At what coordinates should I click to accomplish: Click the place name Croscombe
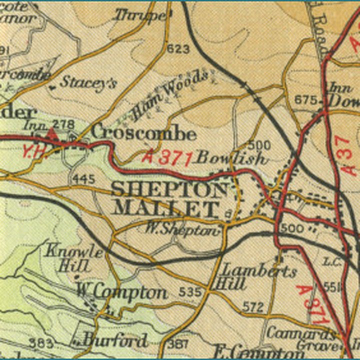click(x=144, y=133)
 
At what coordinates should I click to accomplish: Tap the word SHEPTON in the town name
click(x=169, y=189)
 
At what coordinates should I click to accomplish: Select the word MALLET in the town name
click(x=166, y=207)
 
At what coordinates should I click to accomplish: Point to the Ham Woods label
click(x=170, y=95)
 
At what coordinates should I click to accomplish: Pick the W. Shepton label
click(x=182, y=229)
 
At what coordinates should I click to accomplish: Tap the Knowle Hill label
click(x=73, y=257)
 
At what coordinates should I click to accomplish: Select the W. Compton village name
click(x=121, y=292)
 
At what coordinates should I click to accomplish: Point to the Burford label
click(x=115, y=340)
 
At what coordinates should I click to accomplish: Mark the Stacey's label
click(x=88, y=82)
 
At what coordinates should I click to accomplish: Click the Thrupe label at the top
click(x=140, y=16)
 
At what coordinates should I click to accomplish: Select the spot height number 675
click(x=306, y=100)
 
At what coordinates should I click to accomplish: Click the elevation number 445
click(x=83, y=178)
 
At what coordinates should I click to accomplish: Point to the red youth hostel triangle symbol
click(x=51, y=133)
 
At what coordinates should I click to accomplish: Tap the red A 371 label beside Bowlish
click(x=168, y=157)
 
